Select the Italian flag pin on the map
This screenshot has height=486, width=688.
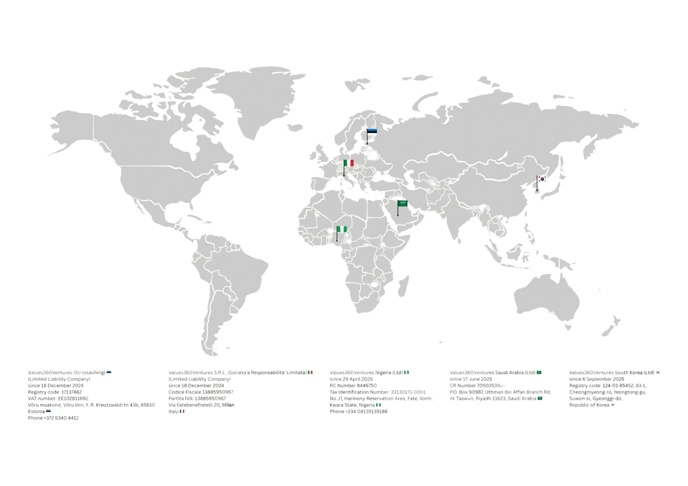348,163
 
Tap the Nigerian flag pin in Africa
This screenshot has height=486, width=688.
342,229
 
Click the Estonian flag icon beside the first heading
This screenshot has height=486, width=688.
109,372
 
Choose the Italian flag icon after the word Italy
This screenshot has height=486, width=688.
184,412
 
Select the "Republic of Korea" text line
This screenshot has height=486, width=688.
592,406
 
